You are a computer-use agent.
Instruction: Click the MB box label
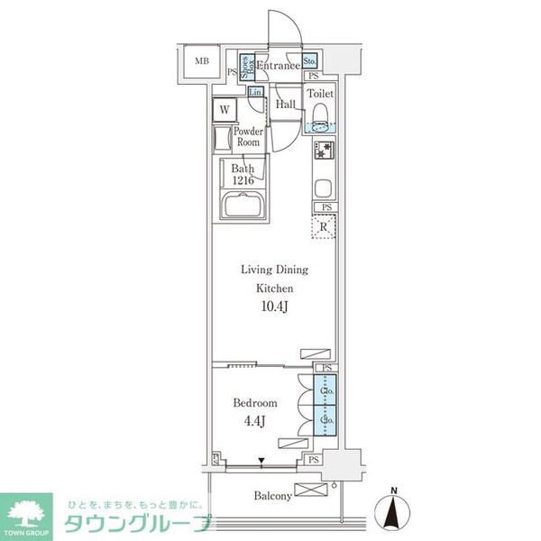pyautogui.click(x=199, y=62)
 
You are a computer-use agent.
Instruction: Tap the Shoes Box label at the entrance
pyautogui.click(x=246, y=69)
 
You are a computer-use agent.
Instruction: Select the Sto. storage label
pyautogui.click(x=309, y=61)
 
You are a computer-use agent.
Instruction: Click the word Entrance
pyautogui.click(x=279, y=66)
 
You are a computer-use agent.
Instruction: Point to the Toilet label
pyautogui.click(x=321, y=94)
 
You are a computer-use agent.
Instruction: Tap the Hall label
pyautogui.click(x=285, y=105)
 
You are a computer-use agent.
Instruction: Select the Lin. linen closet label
pyautogui.click(x=255, y=93)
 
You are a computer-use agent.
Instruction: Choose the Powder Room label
pyautogui.click(x=248, y=137)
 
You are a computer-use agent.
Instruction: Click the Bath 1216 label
pyautogui.click(x=243, y=174)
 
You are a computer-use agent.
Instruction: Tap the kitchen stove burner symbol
pyautogui.click(x=324, y=153)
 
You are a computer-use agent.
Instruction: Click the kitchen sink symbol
pyautogui.click(x=324, y=189)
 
